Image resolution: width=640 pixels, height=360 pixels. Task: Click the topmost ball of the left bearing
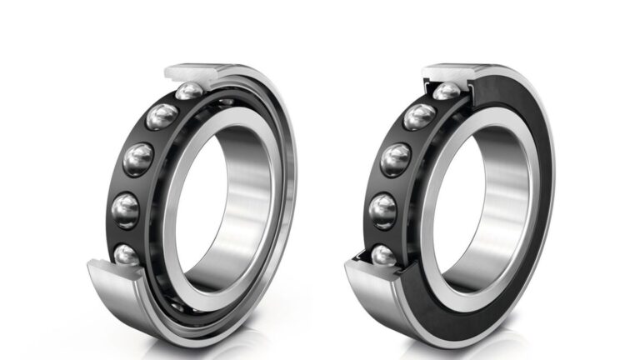(190, 91)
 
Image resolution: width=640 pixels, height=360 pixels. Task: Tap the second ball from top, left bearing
(158, 117)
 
